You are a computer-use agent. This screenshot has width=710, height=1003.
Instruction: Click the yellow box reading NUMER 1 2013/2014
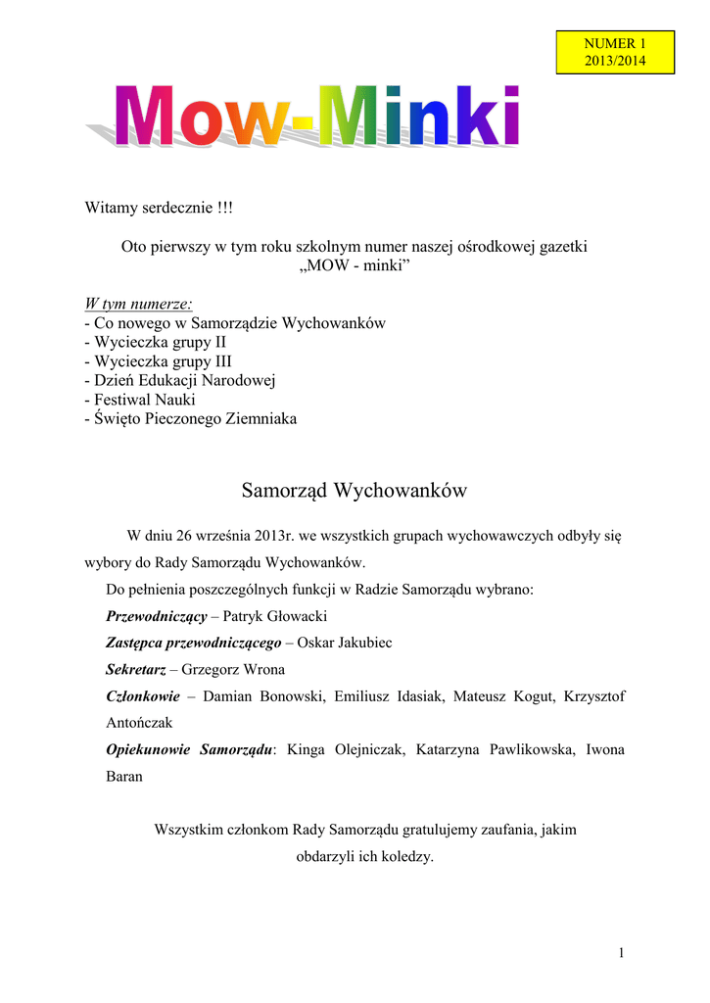tap(615, 52)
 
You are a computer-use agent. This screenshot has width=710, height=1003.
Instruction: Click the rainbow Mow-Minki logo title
tap(313, 119)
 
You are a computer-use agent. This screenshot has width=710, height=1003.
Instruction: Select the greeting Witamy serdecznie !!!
tap(160, 209)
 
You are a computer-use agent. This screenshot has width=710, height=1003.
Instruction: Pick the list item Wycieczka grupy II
tap(156, 343)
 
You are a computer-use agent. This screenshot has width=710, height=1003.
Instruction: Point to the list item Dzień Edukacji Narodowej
tap(181, 381)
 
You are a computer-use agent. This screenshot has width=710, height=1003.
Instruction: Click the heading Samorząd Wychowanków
tap(354, 490)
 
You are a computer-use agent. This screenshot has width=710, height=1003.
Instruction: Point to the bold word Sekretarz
tap(135, 670)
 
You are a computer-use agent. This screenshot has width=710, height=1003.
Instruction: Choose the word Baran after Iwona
tap(123, 776)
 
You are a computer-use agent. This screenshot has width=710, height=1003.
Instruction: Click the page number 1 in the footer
tap(621, 953)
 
